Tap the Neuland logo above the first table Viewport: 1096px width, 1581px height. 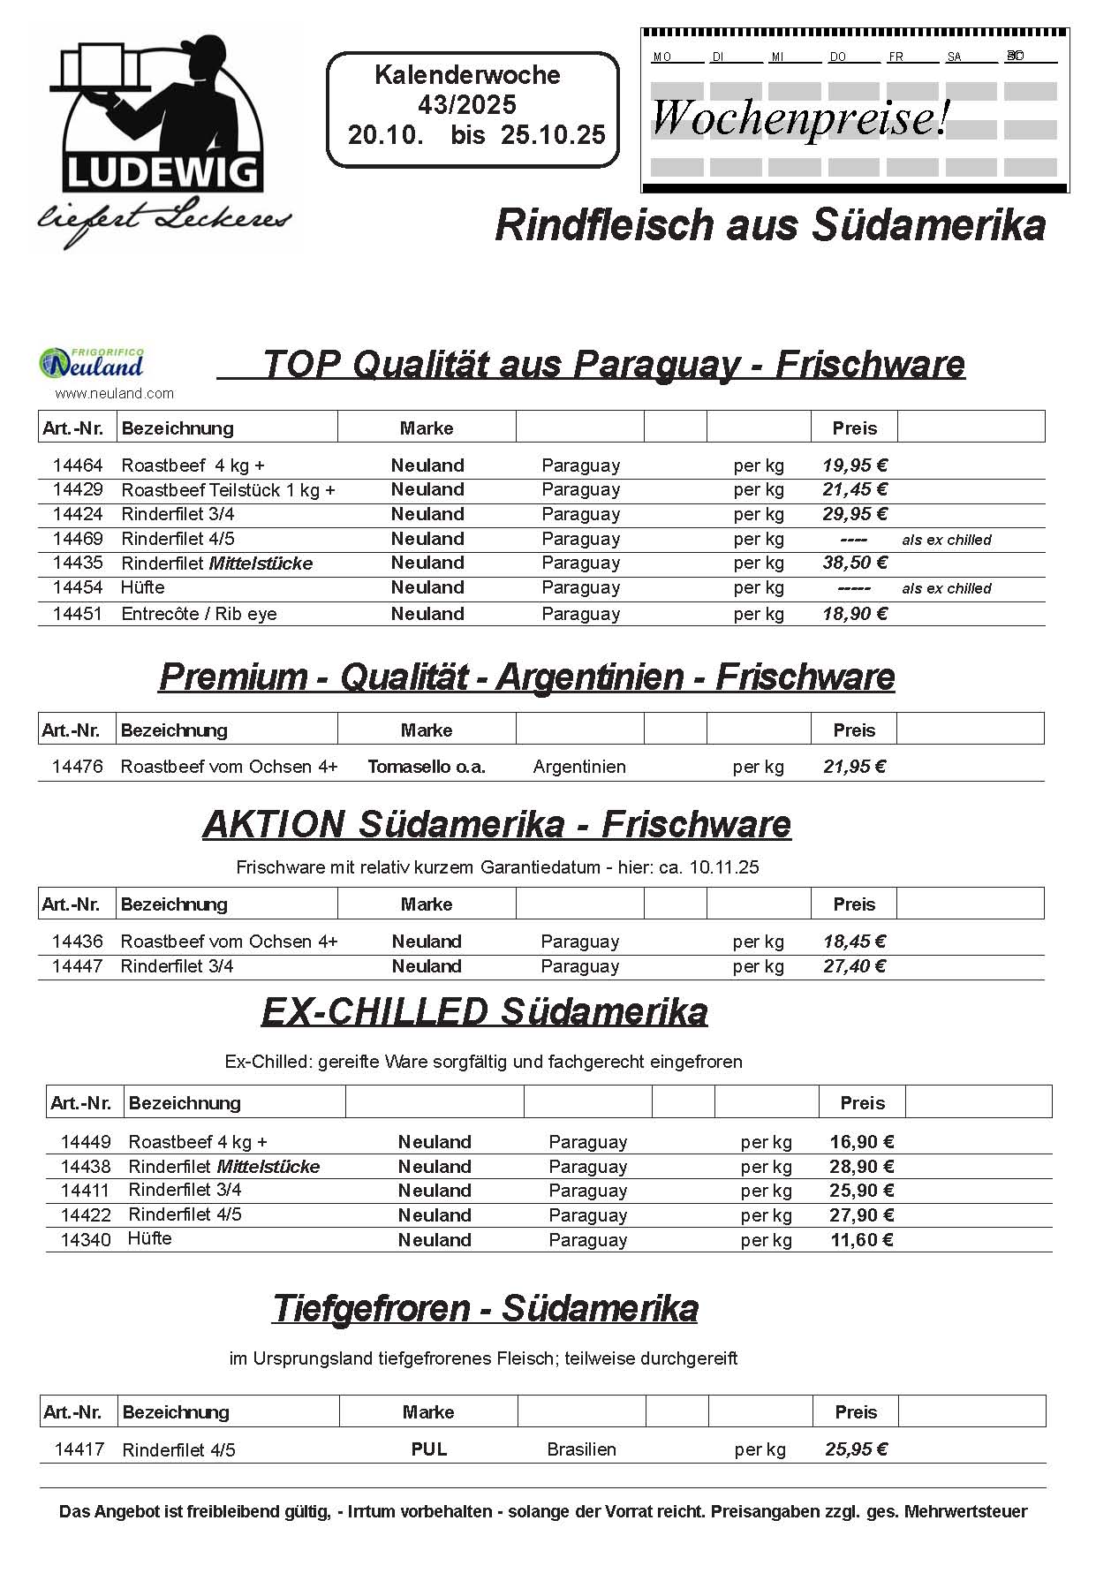pyautogui.click(x=92, y=362)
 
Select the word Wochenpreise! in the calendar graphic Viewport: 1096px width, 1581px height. pyautogui.click(x=800, y=117)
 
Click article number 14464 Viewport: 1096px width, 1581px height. pyautogui.click(x=78, y=465)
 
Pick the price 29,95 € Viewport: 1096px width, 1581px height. pyautogui.click(x=854, y=514)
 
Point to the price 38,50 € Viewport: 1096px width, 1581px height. pyautogui.click(x=854, y=563)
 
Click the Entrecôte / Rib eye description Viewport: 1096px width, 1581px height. pyautogui.click(x=199, y=614)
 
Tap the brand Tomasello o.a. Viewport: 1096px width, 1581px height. pyautogui.click(x=427, y=767)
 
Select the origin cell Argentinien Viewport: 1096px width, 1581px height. pyautogui.click(x=579, y=767)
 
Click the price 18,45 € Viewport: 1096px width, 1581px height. pyautogui.click(x=854, y=942)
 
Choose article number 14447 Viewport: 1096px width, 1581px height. pyautogui.click(x=78, y=966)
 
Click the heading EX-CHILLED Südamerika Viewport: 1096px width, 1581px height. pyautogui.click(x=484, y=1012)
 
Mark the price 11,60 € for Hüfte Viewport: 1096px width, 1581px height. pyautogui.click(x=862, y=1240)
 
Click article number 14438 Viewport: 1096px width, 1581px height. pyautogui.click(x=86, y=1167)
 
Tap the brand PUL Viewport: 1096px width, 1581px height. pyautogui.click(x=429, y=1449)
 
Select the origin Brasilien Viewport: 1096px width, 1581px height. pyautogui.click(x=581, y=1449)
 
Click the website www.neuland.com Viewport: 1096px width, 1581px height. pyautogui.click(x=115, y=394)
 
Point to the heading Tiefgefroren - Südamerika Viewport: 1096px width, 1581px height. pyautogui.click(x=485, y=1308)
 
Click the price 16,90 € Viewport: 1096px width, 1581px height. pyautogui.click(x=862, y=1142)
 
